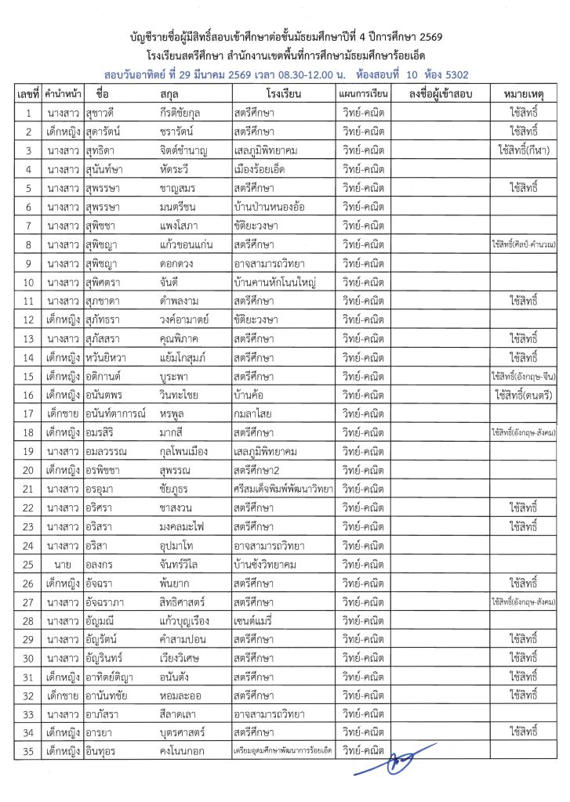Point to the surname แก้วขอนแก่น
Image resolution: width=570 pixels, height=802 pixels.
coord(188,244)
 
